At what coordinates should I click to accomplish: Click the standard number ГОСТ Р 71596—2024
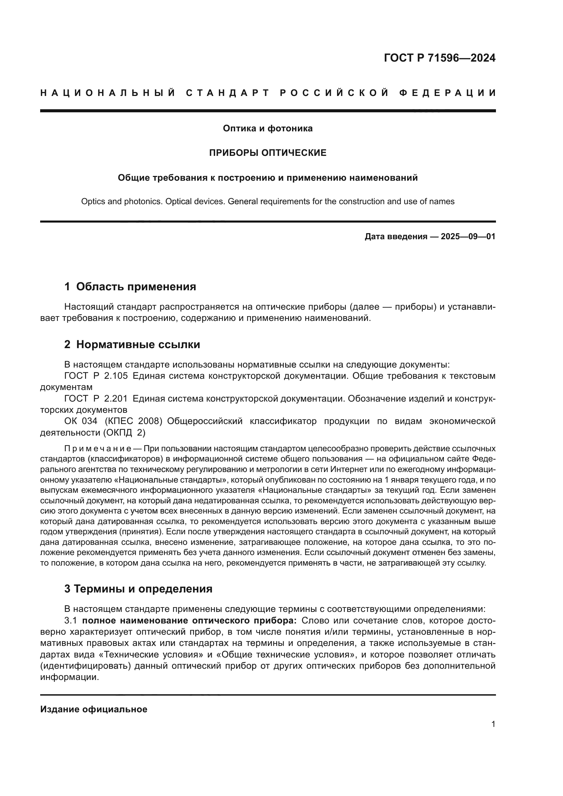click(439, 58)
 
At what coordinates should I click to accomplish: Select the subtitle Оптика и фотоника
click(268, 129)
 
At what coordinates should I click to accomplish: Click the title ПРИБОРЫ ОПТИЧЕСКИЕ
click(268, 153)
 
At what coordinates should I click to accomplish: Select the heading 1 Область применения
click(130, 287)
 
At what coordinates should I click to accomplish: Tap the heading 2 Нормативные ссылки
click(132, 345)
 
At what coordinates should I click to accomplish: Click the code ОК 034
click(77, 421)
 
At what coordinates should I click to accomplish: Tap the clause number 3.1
click(71, 620)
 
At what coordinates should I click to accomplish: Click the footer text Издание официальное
click(94, 709)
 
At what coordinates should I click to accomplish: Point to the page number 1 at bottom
click(493, 724)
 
